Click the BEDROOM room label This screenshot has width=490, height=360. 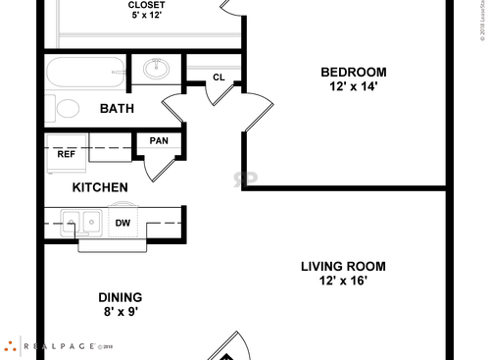pos(354,72)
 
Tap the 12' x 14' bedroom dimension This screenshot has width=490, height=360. pos(354,86)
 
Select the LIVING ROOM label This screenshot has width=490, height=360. pos(342,266)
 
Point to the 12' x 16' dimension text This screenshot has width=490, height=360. pos(342,281)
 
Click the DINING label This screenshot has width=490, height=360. pos(120,297)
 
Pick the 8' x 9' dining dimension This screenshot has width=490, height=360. pos(120,313)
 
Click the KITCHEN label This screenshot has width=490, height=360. pos(99,187)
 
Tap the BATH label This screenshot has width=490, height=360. pos(117,109)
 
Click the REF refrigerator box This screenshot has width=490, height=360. pos(66,154)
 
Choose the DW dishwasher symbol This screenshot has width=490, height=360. pos(122,223)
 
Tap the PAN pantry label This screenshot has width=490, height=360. pos(158,141)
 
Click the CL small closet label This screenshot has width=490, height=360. pos(219,77)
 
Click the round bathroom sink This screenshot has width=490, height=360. pos(155,70)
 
